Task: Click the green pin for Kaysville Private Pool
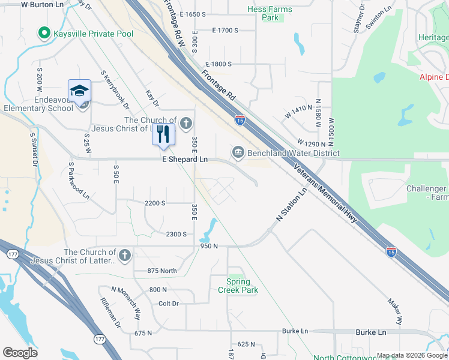(43, 33)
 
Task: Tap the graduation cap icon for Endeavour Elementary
(79, 91)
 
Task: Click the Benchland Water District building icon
(238, 152)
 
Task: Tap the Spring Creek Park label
(242, 286)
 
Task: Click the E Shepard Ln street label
(185, 160)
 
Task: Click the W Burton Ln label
(42, 4)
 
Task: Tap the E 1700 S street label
(225, 30)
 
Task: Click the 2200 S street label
(155, 203)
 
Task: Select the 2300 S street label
(176, 234)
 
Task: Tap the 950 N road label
(209, 246)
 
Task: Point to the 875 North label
(162, 271)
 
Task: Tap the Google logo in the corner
(20, 353)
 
